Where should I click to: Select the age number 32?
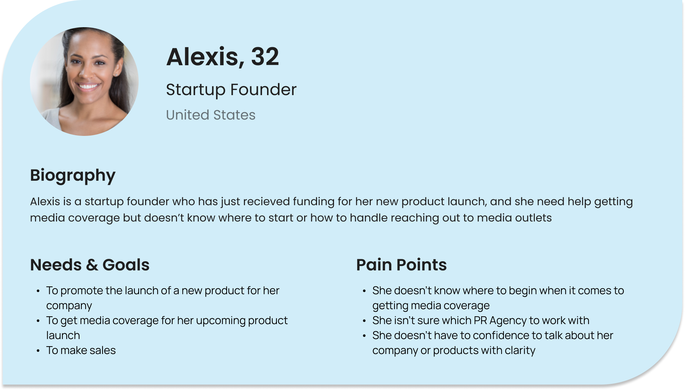(265, 57)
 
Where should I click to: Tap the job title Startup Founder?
(231, 90)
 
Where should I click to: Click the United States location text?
(211, 115)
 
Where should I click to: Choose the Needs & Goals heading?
(90, 265)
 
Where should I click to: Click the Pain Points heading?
(401, 265)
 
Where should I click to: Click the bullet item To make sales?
(81, 350)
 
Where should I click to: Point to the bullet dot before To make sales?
(38, 351)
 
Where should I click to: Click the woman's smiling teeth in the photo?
(89, 86)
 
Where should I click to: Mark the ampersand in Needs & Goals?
(92, 265)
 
